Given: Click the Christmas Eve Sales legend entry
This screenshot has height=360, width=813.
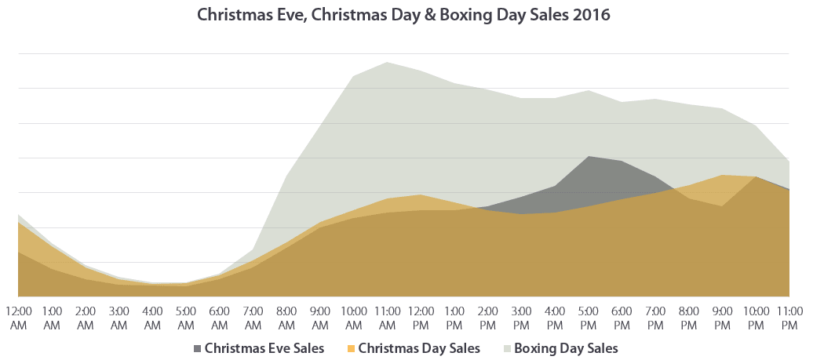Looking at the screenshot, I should [264, 347].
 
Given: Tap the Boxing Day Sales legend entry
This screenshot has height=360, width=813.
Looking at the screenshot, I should [566, 347].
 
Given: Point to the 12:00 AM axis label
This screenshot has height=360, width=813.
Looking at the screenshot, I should [18, 318].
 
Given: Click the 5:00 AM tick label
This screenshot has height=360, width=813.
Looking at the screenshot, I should [186, 318].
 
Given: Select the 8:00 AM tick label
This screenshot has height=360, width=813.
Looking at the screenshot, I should [286, 318].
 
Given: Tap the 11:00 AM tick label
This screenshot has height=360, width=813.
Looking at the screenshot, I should [387, 318].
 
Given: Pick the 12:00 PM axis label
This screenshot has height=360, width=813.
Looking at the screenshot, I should [421, 318].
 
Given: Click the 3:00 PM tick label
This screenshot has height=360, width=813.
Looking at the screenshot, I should [521, 318].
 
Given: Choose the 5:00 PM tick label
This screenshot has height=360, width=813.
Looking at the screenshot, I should [589, 318].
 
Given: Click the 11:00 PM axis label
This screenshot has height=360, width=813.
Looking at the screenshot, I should [789, 318].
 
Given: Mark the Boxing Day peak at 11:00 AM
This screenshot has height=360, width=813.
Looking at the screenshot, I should [387, 63].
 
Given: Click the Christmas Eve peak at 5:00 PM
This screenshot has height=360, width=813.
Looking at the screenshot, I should [589, 157].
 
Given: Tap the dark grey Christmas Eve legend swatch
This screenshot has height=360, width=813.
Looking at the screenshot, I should [197, 347].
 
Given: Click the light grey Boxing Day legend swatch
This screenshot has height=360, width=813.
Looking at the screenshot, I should [507, 347].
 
